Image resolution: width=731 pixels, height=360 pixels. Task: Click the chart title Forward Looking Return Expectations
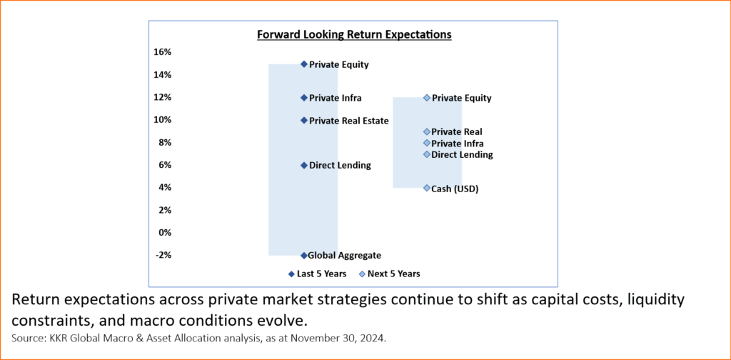pos(354,34)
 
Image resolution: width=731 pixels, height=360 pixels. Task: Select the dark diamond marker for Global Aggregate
pos(304,256)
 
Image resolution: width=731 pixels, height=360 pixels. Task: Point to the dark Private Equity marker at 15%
pos(304,64)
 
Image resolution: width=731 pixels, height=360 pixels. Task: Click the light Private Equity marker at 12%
pos(427,98)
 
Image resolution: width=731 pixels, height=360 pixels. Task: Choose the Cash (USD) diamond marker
pos(427,188)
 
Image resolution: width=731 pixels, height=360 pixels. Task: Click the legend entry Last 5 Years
pos(318,274)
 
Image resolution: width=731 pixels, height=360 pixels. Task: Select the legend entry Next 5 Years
pos(389,274)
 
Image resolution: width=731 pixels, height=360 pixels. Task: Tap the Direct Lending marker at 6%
pos(304,165)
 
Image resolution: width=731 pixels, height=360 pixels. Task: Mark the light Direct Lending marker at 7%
pos(427,154)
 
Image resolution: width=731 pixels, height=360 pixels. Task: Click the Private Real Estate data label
pos(348,121)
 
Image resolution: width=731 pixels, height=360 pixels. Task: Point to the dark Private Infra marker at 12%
pos(304,98)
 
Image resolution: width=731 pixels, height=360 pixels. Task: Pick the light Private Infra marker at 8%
pos(427,143)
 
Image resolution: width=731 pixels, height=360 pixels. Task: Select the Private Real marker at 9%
pos(427,132)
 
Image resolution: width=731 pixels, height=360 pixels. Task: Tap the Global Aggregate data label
pos(345,256)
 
